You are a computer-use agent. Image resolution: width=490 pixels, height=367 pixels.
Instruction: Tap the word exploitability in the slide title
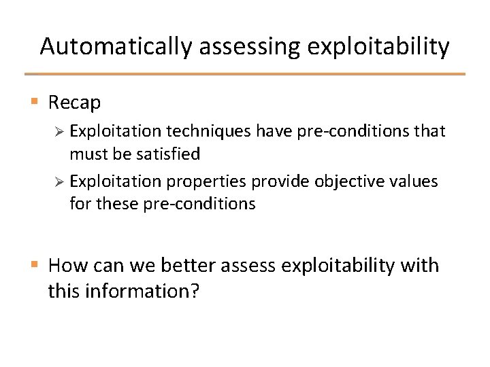(x=378, y=47)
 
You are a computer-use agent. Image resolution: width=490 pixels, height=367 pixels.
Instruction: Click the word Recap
(x=75, y=103)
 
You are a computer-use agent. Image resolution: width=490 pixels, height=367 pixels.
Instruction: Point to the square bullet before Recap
(x=34, y=103)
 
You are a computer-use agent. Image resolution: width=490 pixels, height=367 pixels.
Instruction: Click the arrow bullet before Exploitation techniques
(x=59, y=130)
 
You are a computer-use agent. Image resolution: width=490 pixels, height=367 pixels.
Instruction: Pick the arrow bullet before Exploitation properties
(x=59, y=181)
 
